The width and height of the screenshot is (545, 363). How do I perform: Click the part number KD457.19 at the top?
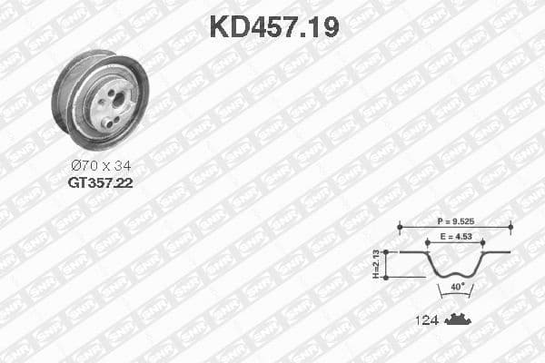point(273,26)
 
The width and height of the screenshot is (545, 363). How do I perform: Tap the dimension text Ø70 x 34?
point(100,165)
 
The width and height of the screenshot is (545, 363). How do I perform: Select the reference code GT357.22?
point(100,182)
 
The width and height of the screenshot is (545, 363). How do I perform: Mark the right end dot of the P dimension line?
point(510,228)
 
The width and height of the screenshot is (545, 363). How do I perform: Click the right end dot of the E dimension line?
point(481,242)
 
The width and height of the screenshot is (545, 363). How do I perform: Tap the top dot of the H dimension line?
point(388,251)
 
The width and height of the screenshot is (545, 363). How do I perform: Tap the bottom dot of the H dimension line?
point(388,277)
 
